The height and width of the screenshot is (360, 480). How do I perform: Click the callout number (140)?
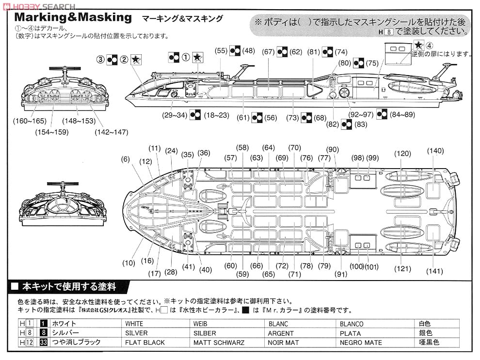click(x=435, y=151)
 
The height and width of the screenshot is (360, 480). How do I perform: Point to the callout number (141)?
click(x=434, y=271)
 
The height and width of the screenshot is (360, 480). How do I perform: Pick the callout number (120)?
click(x=402, y=154)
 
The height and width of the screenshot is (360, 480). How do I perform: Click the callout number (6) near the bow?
click(x=126, y=159)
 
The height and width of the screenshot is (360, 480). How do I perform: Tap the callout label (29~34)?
click(x=175, y=115)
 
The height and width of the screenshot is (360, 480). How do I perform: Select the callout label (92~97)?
click(x=361, y=114)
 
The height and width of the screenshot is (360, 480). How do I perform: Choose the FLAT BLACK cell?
click(x=145, y=342)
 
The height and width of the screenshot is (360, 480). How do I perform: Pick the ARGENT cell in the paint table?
click(x=281, y=333)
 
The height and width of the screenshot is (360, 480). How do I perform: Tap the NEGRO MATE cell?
click(x=361, y=342)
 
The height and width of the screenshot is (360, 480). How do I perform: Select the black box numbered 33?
click(x=43, y=342)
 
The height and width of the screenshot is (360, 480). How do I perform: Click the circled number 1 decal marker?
click(x=186, y=57)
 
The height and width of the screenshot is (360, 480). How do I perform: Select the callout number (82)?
click(x=332, y=125)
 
